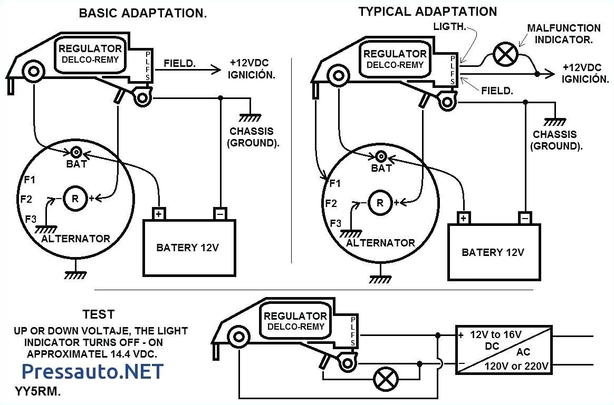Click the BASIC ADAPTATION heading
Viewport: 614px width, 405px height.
(142, 14)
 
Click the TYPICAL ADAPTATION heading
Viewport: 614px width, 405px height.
(427, 12)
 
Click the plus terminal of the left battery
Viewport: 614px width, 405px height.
(159, 214)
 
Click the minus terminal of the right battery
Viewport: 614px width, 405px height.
(524, 218)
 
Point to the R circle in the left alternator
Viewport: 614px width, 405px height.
(75, 199)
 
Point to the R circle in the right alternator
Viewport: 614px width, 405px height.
(378, 202)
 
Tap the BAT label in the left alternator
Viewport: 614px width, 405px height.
(76, 164)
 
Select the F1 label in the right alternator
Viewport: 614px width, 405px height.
(334, 184)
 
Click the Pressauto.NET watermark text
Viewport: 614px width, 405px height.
(93, 371)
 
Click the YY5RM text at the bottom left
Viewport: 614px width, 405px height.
(41, 392)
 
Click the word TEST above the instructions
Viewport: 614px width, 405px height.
(98, 314)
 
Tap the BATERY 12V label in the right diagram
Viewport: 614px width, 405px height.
(493, 252)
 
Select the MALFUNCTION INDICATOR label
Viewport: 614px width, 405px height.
(563, 33)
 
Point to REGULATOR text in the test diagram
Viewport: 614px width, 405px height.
(295, 316)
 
